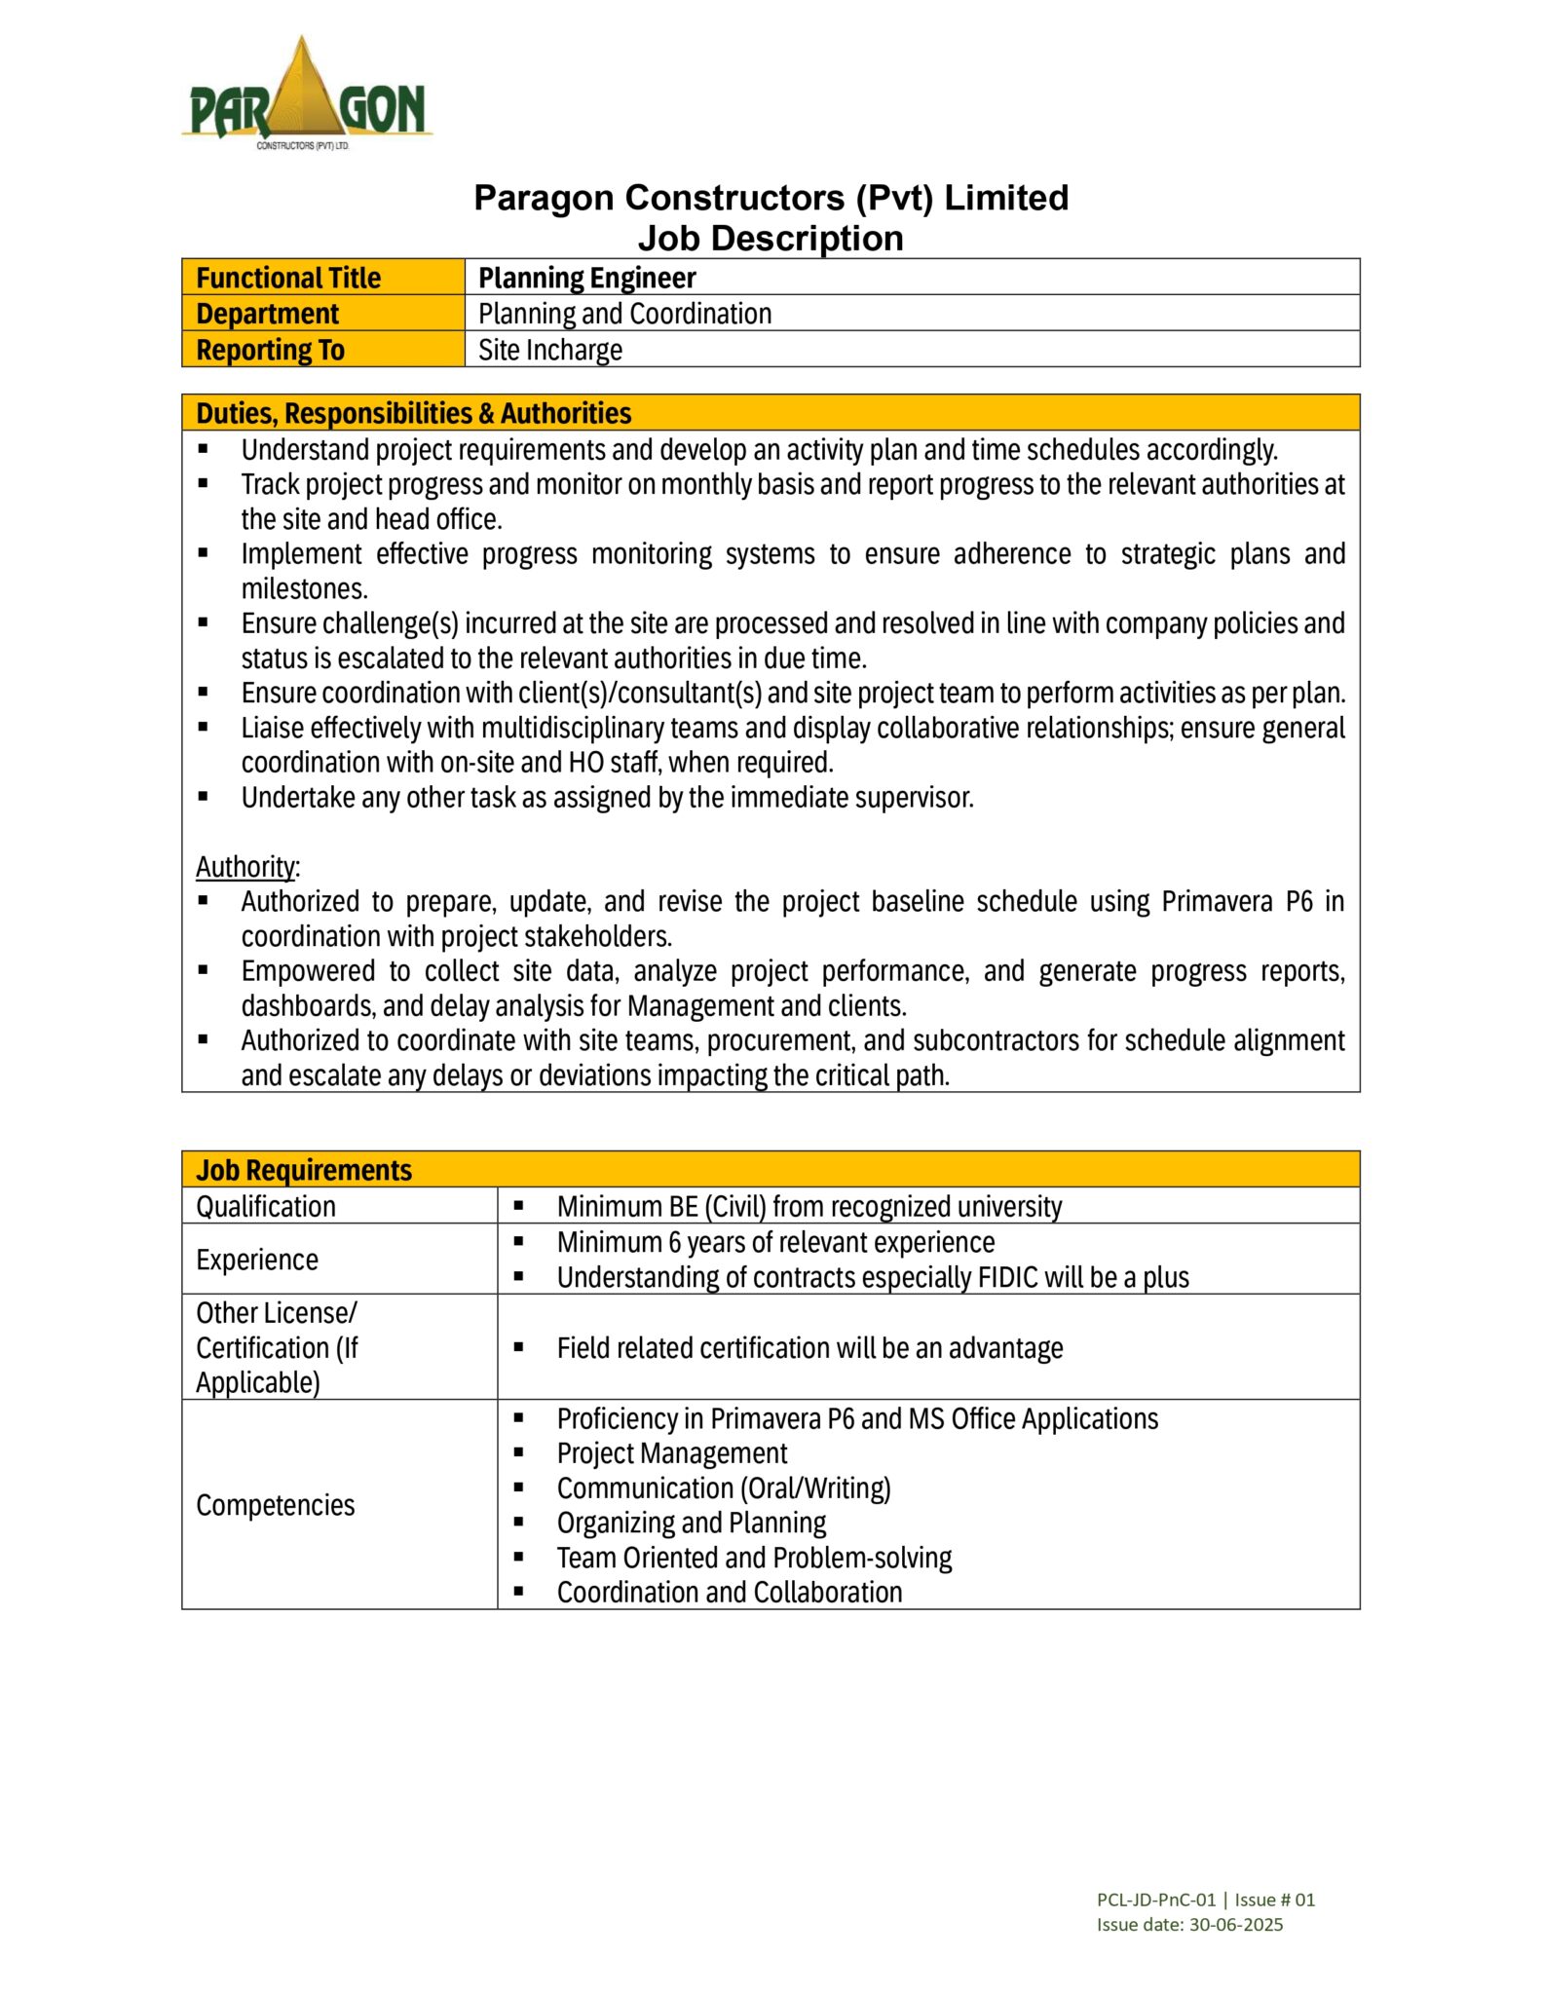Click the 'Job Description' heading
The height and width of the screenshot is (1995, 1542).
coord(771,238)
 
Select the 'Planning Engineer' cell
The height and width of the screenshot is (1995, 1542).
coord(586,278)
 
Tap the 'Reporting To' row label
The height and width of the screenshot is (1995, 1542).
coord(270,350)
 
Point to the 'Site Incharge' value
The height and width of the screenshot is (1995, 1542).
coord(549,350)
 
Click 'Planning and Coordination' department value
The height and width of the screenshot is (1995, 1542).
coord(624,314)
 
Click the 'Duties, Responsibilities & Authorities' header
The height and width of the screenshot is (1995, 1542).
coord(413,413)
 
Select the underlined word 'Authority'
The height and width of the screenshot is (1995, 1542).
coord(245,866)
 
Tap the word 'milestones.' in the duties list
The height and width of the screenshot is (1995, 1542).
coord(304,588)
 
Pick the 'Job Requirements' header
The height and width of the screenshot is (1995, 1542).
coord(304,1169)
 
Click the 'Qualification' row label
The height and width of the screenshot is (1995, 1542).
coord(266,1206)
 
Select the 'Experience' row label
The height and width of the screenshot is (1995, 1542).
coord(257,1260)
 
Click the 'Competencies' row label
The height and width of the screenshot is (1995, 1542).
coord(276,1505)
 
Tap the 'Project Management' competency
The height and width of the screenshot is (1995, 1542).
coord(671,1453)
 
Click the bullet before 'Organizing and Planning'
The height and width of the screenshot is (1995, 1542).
coord(518,1522)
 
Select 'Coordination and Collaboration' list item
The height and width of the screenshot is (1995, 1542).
coord(729,1592)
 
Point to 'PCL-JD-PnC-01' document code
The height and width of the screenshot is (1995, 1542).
coord(1155,1899)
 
